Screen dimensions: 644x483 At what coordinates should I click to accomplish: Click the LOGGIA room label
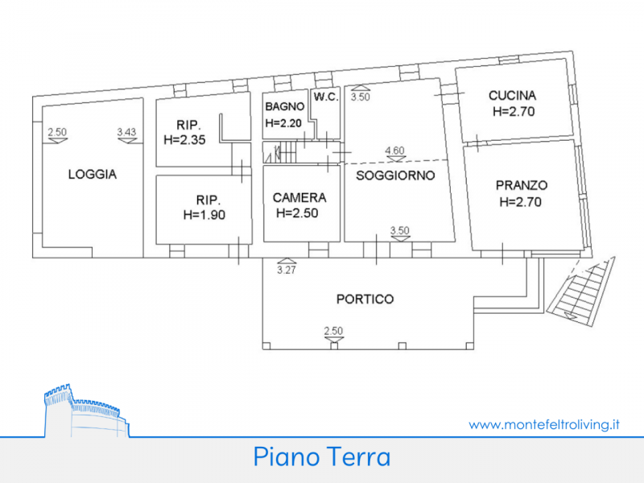[93, 174]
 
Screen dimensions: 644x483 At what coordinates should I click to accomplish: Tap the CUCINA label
[512, 96]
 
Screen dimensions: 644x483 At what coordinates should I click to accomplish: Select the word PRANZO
[522, 185]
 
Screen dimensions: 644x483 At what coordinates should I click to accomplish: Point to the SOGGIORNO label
[395, 175]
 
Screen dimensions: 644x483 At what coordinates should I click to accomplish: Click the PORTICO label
[365, 299]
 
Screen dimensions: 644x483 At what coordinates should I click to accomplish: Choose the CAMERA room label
[299, 198]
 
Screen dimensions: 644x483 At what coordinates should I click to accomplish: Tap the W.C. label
[326, 97]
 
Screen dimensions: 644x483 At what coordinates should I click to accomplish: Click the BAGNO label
[285, 107]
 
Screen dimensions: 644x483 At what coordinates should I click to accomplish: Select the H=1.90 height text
[204, 215]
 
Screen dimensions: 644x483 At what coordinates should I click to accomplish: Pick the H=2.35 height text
[184, 140]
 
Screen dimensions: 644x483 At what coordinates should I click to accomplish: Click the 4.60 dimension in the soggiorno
[394, 151]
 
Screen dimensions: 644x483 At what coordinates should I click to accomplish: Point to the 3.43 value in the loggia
[126, 132]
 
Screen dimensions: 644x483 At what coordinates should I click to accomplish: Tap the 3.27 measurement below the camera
[287, 270]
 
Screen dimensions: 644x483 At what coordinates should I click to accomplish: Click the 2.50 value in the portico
[333, 331]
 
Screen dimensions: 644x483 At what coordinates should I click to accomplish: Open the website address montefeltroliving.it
[544, 424]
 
